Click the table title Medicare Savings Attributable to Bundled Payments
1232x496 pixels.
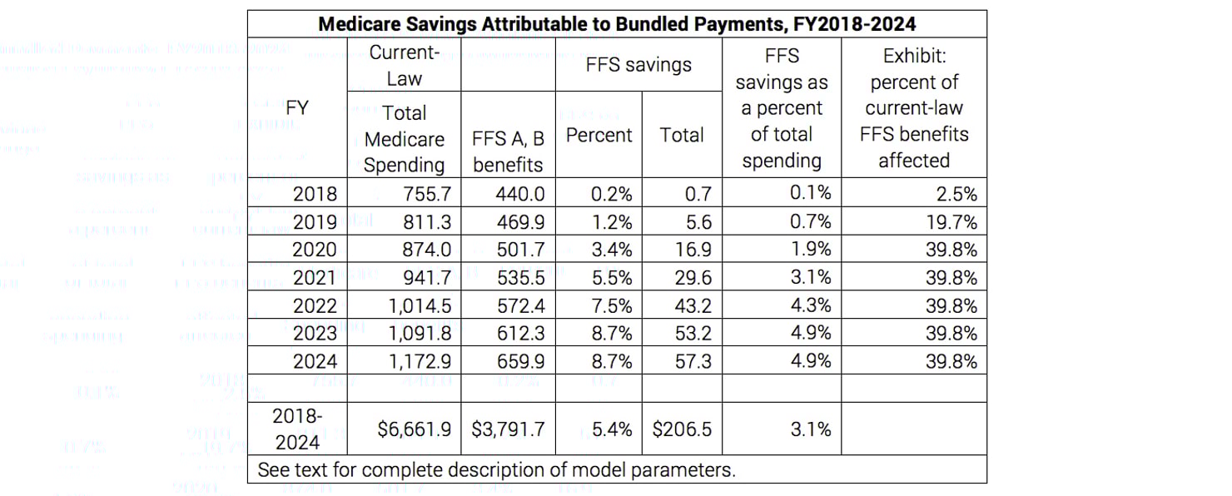616,23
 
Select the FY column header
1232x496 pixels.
297,108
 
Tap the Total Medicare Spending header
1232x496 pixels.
405,138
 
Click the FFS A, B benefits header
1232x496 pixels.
508,151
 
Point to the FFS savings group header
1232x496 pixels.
638,65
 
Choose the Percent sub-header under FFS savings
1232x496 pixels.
599,135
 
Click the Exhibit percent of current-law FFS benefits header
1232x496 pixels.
913,108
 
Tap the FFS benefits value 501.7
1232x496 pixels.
521,250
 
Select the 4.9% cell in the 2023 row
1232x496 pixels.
810,333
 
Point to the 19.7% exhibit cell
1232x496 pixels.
951,222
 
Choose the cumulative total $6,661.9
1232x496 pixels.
414,429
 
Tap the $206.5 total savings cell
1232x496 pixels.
682,429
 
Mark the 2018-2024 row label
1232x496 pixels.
297,429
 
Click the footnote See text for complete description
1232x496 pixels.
496,469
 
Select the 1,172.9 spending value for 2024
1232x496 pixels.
420,361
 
